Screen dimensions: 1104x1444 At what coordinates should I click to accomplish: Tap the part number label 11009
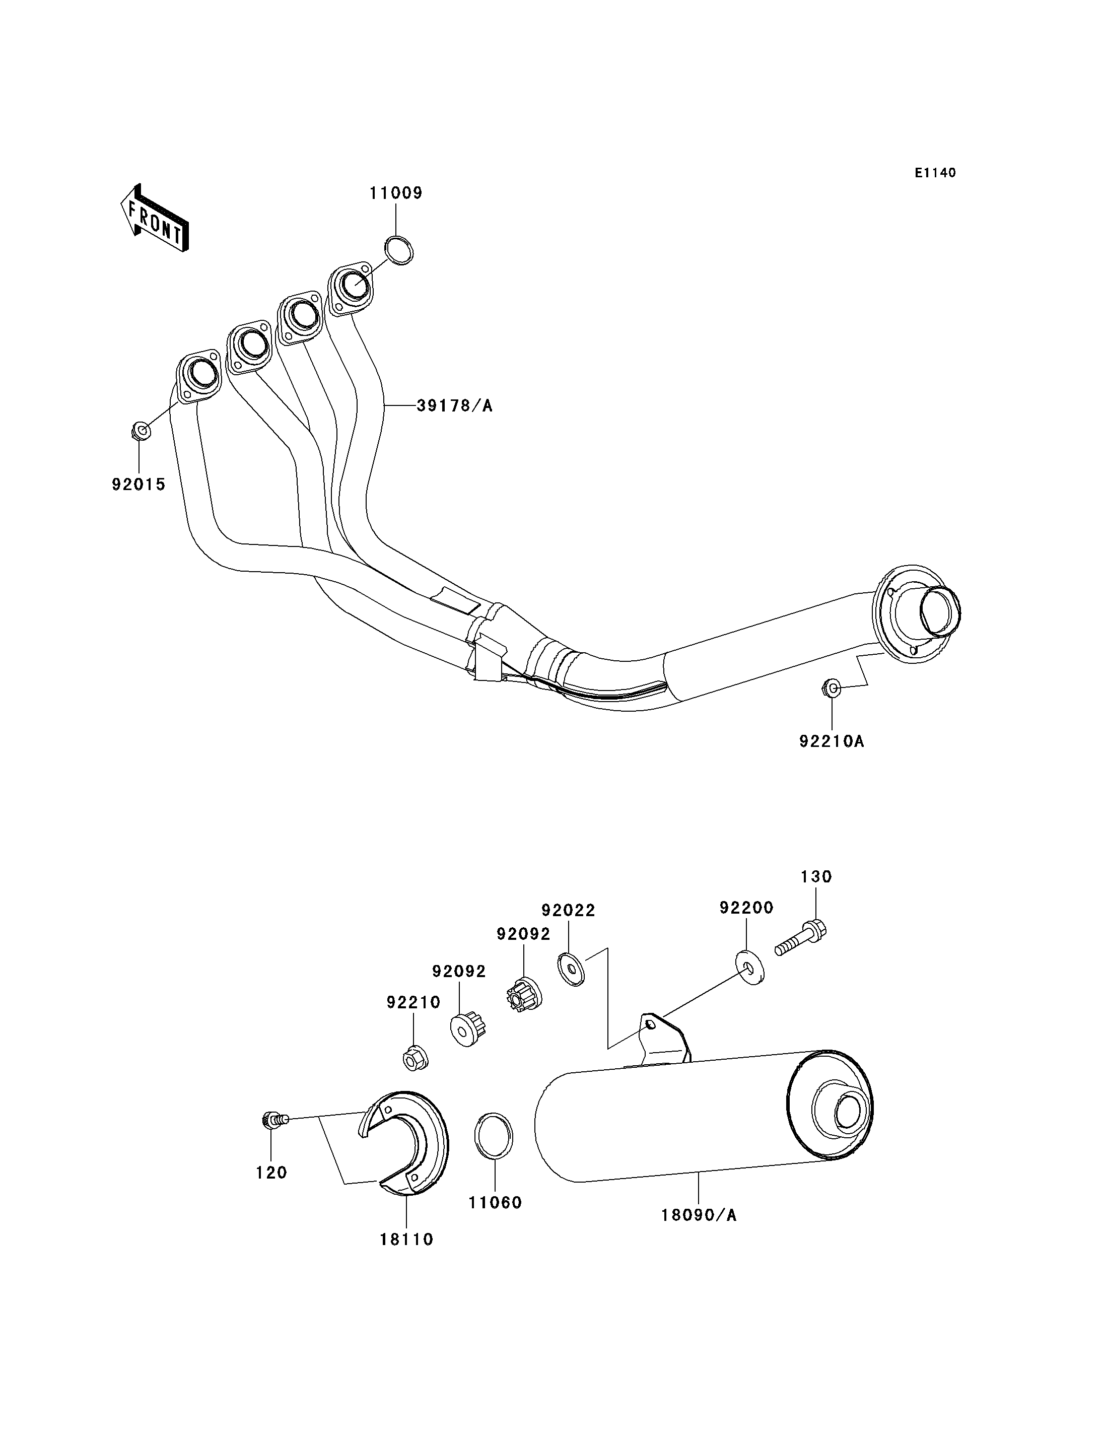click(395, 193)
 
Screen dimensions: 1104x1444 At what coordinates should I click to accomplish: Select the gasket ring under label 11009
click(398, 250)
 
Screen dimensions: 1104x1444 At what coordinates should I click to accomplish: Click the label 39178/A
click(455, 406)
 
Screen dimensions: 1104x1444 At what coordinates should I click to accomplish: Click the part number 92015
click(139, 485)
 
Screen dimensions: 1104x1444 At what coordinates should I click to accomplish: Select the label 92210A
click(832, 741)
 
